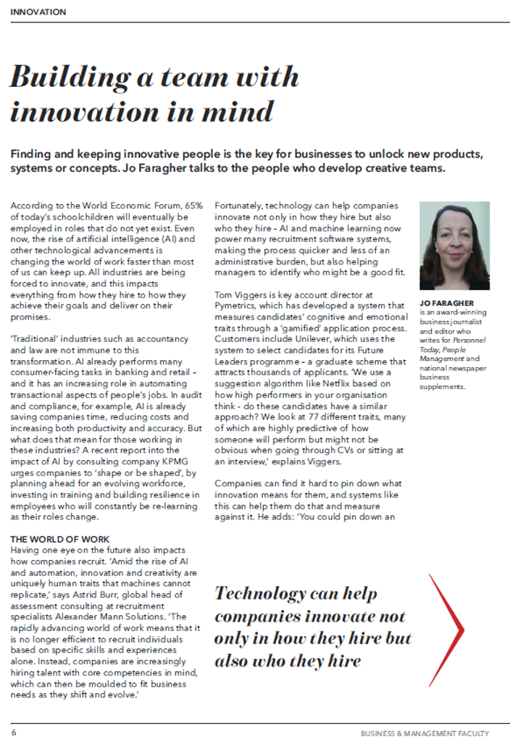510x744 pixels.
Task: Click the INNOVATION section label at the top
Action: [x=38, y=12]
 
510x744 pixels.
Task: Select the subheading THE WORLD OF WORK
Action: [x=60, y=539]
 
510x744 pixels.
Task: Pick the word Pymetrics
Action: [x=240, y=306]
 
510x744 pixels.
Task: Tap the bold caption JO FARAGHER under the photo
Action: [x=446, y=303]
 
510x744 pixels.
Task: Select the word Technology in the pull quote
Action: [x=260, y=593]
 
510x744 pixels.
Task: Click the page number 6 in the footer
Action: [x=14, y=732]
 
